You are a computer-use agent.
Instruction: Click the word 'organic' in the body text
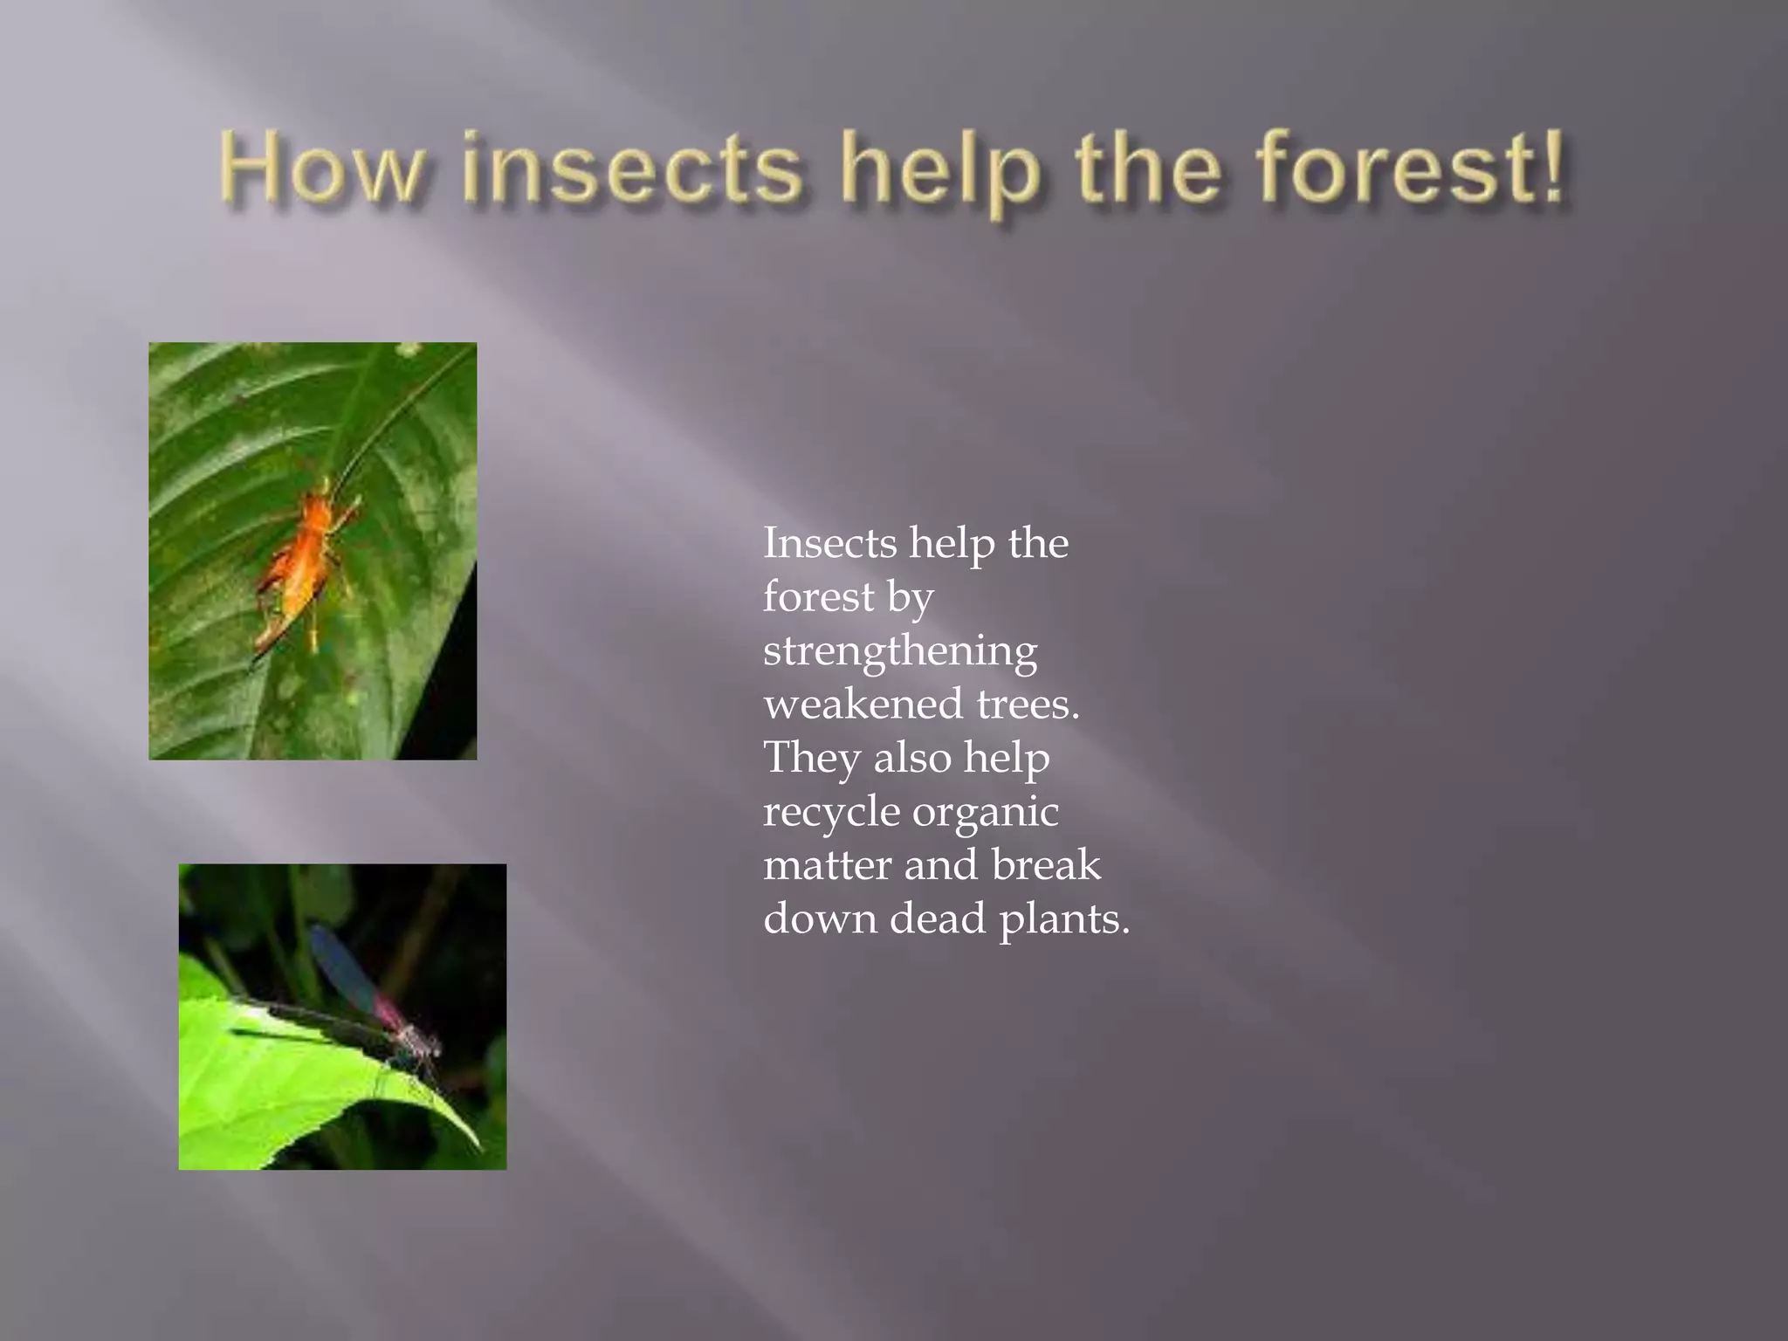point(986,812)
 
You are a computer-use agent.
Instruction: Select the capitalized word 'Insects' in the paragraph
point(829,543)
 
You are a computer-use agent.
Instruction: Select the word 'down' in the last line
point(820,918)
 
